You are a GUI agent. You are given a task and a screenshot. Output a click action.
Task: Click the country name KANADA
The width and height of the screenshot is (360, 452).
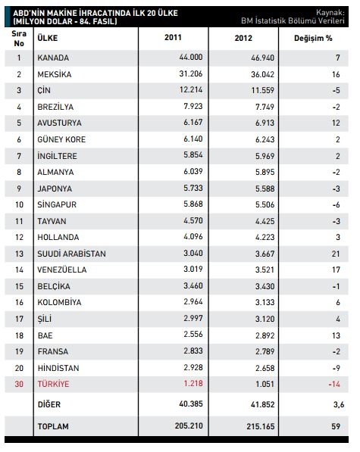53,58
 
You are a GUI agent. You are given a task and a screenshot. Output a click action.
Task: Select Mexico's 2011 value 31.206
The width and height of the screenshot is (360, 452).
191,73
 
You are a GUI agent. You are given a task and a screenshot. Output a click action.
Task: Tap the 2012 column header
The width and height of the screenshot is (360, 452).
243,38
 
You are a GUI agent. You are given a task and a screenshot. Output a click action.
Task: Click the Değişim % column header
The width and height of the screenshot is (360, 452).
313,38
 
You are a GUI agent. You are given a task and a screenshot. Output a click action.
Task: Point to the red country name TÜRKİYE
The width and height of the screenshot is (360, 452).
53,384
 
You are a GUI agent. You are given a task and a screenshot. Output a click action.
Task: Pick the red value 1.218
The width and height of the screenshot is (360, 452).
193,383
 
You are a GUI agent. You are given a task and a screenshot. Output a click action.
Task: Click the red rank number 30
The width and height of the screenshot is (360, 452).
19,384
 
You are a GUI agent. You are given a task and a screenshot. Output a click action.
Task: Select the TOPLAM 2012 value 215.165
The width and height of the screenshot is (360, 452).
261,426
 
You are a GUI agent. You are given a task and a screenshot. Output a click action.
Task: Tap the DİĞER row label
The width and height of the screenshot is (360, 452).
49,404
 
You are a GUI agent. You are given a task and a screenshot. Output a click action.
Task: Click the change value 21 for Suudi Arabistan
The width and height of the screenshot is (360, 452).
336,254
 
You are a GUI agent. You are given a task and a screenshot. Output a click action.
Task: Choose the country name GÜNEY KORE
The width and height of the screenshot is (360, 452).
61,139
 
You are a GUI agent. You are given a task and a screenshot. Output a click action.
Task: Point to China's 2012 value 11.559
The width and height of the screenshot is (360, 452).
262,90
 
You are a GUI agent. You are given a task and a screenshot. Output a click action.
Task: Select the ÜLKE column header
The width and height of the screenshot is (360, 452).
47,38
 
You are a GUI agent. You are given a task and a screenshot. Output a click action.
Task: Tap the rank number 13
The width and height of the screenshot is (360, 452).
19,254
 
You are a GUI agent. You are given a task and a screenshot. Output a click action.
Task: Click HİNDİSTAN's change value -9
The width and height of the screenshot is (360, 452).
336,368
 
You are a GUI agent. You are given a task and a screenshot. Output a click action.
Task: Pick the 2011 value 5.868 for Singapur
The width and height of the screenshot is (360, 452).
193,204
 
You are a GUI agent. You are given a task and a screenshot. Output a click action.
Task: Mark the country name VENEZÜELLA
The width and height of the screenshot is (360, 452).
61,270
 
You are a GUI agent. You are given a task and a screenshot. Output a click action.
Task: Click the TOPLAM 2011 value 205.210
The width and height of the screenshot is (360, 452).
189,426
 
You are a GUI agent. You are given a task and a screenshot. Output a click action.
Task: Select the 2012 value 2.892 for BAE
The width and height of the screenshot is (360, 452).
265,335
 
